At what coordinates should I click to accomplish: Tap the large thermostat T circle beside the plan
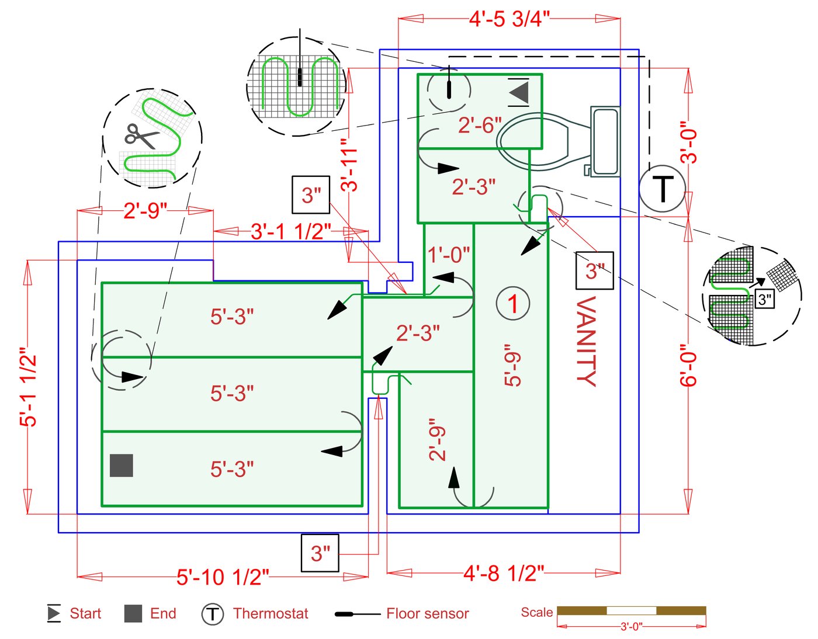[x=663, y=189]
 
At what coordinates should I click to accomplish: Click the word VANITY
[x=587, y=341]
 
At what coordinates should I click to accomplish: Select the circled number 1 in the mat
[x=513, y=303]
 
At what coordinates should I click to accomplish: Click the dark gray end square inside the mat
[x=121, y=466]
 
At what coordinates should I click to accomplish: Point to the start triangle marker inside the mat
[x=519, y=92]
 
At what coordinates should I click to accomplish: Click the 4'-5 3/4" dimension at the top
[x=509, y=19]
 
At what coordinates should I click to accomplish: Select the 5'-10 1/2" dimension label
[x=223, y=577]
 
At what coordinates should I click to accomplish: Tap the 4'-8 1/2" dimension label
[x=504, y=573]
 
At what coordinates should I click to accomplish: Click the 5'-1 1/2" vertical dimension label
[x=29, y=390]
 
